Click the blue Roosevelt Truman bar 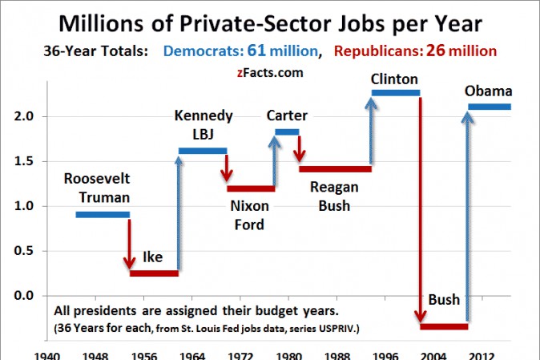tap(103, 215)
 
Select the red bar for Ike tap(154, 273)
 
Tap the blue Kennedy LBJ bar tap(203, 150)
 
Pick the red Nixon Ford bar tap(251, 189)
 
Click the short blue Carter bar tap(287, 131)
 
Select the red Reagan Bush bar tap(335, 169)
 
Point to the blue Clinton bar tap(395, 93)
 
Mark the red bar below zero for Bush tap(444, 326)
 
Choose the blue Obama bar tap(490, 107)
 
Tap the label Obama tap(488, 91)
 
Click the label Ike tap(152, 257)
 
